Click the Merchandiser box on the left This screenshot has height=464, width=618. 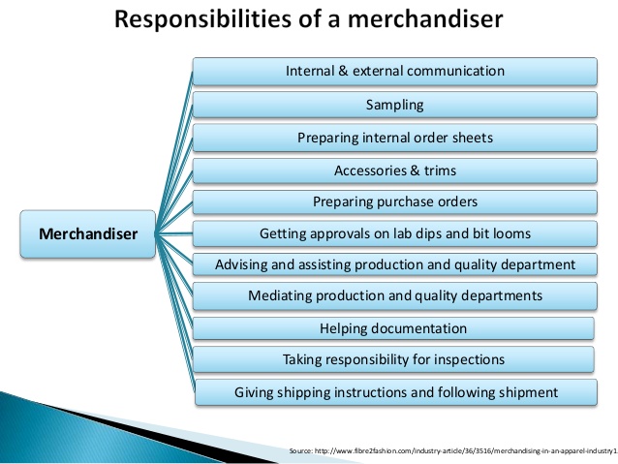(88, 233)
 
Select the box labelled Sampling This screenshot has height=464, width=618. (394, 104)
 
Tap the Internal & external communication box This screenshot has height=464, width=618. (394, 72)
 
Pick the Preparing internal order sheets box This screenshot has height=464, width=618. (394, 138)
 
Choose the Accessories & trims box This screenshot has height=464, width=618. (394, 170)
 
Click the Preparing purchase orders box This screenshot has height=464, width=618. (394, 202)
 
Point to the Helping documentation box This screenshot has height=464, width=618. (394, 328)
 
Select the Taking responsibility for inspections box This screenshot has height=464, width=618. (394, 359)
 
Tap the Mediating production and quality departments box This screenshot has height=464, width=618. (394, 295)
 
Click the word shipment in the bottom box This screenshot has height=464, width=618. (528, 392)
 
